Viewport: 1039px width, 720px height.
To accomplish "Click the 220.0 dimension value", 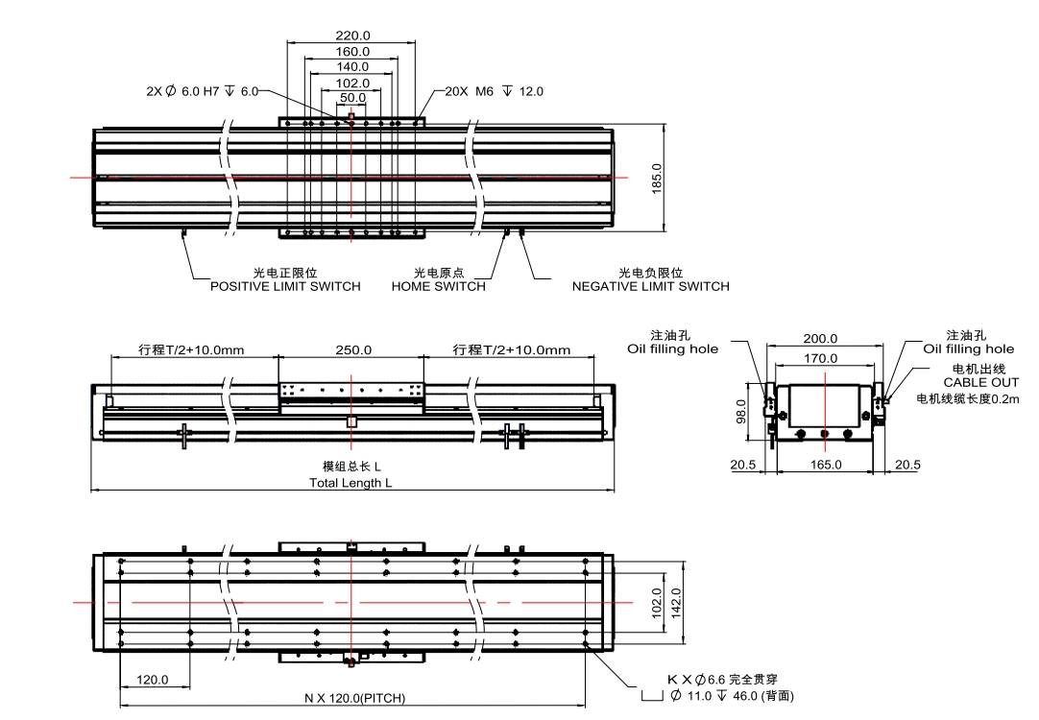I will coord(352,36).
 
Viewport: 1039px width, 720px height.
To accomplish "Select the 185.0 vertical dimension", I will coord(657,178).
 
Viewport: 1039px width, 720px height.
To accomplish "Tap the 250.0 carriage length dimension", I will coord(352,350).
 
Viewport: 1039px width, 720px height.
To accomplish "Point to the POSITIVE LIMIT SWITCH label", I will coord(285,286).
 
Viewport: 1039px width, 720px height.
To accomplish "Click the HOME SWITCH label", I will coord(438,286).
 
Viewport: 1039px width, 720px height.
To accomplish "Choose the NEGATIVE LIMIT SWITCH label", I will coord(650,286).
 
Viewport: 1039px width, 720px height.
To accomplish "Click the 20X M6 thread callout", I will coord(495,91).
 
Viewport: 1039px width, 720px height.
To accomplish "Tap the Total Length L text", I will coord(350,483).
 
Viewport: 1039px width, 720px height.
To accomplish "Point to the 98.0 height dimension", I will coord(741,412).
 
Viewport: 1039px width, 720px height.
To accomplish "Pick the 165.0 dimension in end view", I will coord(825,465).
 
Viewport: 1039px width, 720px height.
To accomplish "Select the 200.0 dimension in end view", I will coord(820,339).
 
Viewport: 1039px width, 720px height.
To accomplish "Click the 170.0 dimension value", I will coord(820,358).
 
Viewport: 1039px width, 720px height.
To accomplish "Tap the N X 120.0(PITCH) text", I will coord(354,699).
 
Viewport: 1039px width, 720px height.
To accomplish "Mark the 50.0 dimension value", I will coord(352,98).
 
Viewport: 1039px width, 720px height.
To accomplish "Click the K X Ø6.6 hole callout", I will coord(722,680).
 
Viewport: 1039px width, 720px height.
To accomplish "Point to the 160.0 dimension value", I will coord(352,51).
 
